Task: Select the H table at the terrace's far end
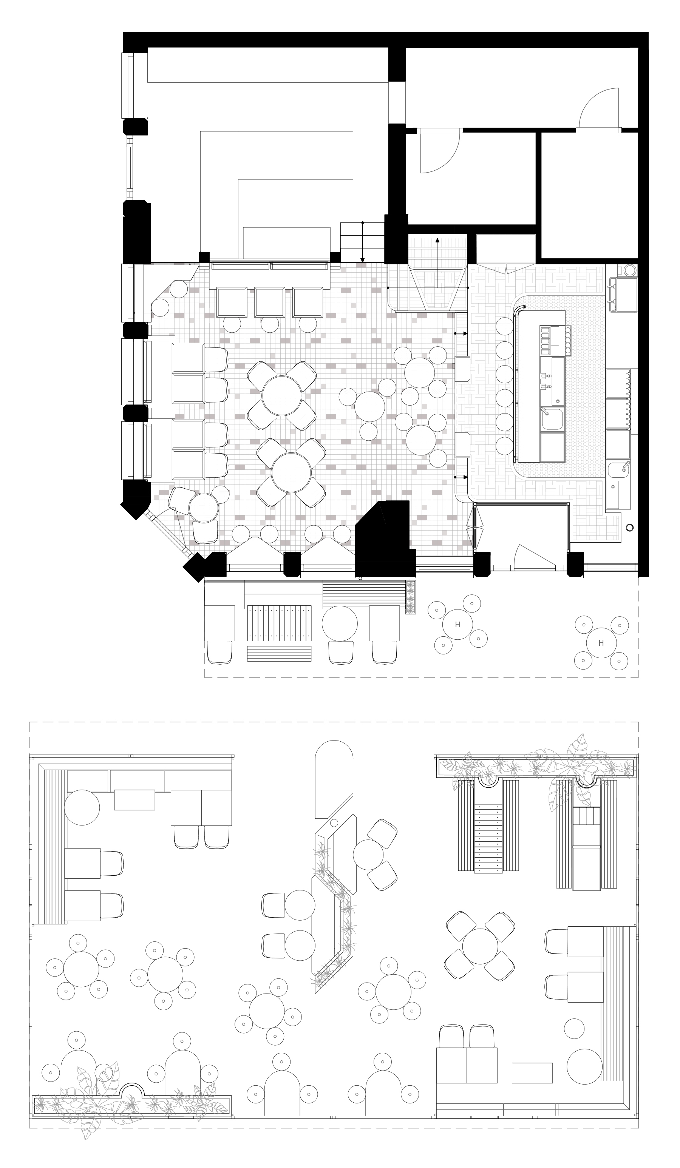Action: coord(601,643)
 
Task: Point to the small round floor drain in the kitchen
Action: coord(629,527)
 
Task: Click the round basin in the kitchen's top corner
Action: coord(629,270)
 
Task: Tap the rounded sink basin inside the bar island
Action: coord(553,419)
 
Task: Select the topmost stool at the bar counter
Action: coord(504,326)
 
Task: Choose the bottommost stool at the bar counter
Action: coord(504,446)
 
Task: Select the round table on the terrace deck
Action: coord(340,623)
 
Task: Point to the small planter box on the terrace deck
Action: coord(411,597)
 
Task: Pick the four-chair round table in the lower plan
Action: coord(480,946)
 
